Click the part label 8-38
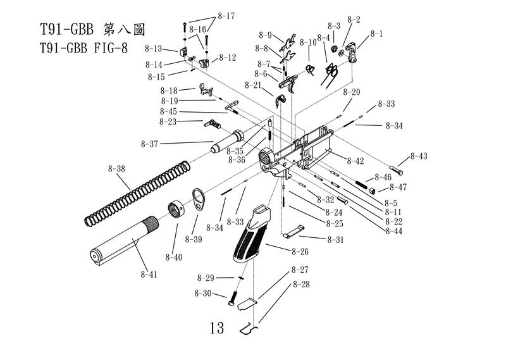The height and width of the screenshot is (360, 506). [x=117, y=169]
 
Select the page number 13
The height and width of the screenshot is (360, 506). [x=216, y=328]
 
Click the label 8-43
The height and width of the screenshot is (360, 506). [x=419, y=156]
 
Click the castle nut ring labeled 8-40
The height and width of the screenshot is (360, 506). [x=176, y=208]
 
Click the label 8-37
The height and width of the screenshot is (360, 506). [x=150, y=144]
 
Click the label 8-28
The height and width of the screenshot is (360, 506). [x=301, y=285]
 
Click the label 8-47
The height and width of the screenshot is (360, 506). [x=398, y=187]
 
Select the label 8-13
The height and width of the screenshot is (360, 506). [x=154, y=48]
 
